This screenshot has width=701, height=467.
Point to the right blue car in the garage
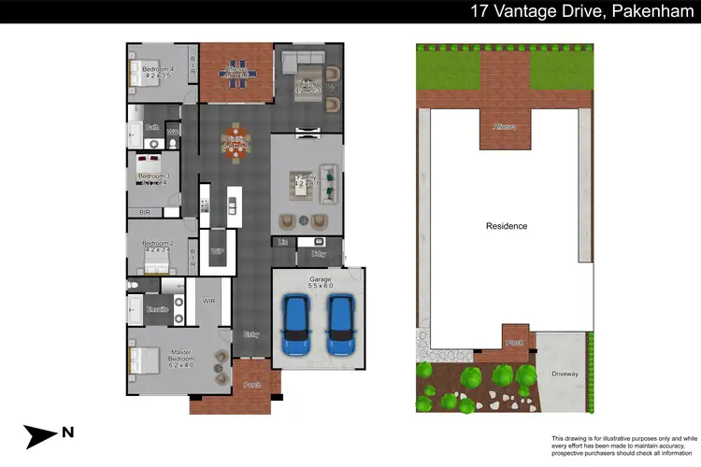tap(339, 324)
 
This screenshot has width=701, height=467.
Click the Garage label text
tap(321, 278)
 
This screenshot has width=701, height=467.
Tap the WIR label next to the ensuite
tap(209, 301)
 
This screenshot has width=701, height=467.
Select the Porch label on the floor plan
tap(251, 384)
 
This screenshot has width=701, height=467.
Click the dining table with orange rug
tap(234, 143)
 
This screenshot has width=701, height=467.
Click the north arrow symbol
tap(43, 435)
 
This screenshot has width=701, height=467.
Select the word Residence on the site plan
tap(507, 226)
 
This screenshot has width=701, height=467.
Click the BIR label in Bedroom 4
tap(193, 65)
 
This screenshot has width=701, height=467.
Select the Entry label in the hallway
tap(251, 333)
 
